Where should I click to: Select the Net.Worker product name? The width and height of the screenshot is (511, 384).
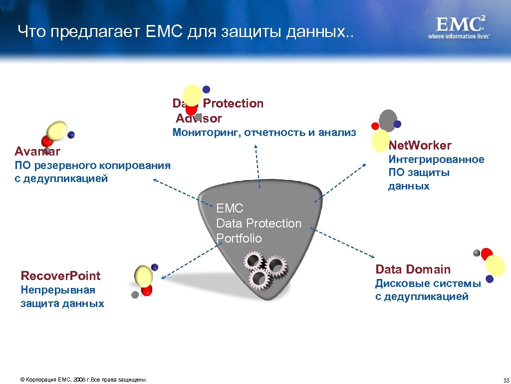point(420,145)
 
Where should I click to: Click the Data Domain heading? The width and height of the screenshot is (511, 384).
point(413,269)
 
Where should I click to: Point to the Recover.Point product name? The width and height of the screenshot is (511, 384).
point(60,275)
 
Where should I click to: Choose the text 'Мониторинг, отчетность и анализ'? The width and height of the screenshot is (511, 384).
point(264,132)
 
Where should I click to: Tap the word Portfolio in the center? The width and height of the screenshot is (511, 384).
point(239,238)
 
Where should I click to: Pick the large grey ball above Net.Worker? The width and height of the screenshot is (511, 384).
point(387,120)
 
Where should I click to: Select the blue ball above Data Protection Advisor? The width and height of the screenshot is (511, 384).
point(206,89)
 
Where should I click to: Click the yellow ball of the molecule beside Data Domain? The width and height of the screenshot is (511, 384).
point(495,265)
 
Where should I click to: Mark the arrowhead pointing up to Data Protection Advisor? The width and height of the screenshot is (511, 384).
point(256,146)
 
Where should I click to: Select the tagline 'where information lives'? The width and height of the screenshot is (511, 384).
point(458,36)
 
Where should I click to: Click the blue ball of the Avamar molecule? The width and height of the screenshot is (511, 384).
point(71,134)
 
